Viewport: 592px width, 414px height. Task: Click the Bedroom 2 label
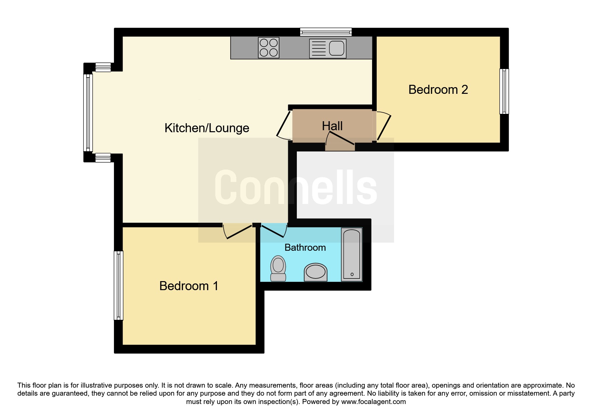point(438,90)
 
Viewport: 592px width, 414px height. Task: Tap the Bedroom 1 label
point(189,286)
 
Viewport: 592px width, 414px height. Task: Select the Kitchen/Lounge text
point(207,128)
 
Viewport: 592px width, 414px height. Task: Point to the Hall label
point(332,126)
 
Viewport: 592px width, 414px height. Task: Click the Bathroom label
point(305,248)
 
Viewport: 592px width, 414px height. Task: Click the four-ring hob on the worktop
point(268,48)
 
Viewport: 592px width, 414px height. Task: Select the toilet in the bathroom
point(278,268)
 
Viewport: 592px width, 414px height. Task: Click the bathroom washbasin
point(316,272)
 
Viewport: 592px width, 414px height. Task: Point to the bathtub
point(351,254)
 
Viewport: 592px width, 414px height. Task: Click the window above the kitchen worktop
point(326,32)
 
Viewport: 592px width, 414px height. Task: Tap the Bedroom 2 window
point(504,91)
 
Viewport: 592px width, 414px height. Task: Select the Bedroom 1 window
point(119,285)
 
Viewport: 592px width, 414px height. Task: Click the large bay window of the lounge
point(88,113)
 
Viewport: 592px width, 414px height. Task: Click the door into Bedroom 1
point(238,231)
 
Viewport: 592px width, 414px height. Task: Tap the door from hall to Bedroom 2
point(384,127)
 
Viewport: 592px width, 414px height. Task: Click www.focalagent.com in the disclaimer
point(373,402)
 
